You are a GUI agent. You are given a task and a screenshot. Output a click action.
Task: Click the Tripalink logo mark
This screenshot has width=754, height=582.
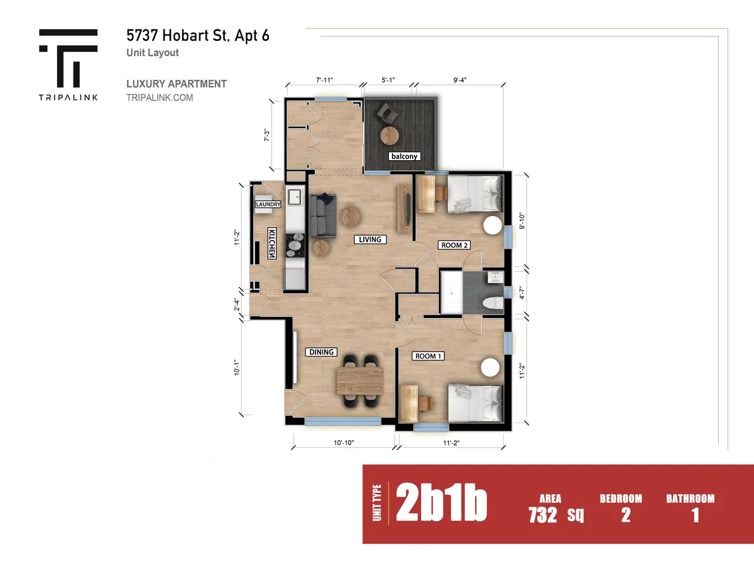pos(68,58)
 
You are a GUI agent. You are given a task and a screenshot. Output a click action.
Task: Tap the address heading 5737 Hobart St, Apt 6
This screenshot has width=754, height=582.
pos(198,35)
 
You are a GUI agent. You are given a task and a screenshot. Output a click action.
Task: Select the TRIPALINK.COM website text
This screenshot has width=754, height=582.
pos(160,98)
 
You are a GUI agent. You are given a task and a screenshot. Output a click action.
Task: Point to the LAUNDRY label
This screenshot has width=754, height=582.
pos(268,205)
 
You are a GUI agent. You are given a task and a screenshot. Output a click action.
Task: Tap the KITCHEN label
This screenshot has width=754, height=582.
pos(272,243)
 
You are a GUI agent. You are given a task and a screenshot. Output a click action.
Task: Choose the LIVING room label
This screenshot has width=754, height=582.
pos(370,239)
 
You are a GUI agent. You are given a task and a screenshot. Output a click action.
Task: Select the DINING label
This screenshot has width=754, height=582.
pos(321,352)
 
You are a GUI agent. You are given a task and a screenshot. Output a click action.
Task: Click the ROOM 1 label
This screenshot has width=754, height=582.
pos(429,356)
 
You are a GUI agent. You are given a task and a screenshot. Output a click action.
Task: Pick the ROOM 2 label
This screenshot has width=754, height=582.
pos(455,245)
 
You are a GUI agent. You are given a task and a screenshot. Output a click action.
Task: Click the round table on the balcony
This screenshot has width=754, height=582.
pos(391,135)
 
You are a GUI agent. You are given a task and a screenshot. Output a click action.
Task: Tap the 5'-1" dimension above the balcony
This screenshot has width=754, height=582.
pos(389,80)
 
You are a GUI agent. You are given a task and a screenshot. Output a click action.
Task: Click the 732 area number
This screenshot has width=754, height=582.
pos(543,515)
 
